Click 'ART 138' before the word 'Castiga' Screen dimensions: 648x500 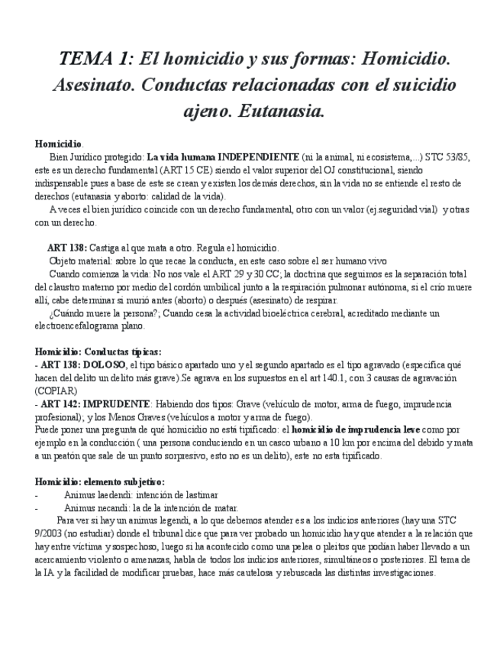click(66, 248)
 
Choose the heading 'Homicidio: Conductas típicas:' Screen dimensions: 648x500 click(98, 352)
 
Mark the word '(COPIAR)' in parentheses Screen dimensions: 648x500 click(56, 390)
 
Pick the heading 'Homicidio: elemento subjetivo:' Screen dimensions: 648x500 click(99, 481)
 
